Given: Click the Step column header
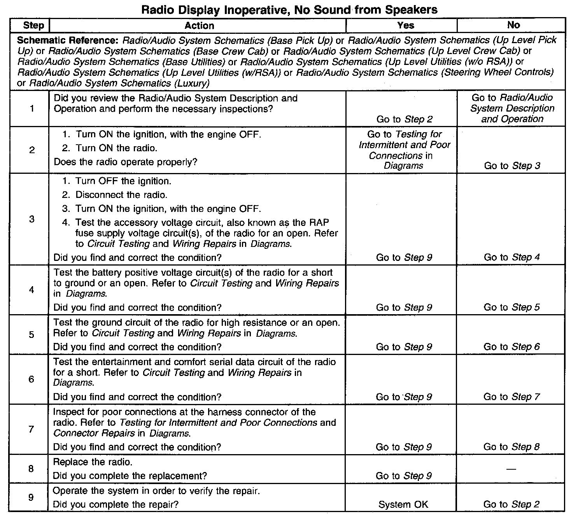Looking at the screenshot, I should [x=33, y=26].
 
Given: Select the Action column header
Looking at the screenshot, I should [x=199, y=26].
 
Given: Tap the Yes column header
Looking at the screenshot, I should [x=405, y=25].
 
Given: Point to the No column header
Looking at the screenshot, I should [x=513, y=25].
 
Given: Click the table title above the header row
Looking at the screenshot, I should [x=289, y=10].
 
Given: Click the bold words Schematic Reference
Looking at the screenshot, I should [x=68, y=40].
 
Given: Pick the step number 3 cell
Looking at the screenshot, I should [x=32, y=219].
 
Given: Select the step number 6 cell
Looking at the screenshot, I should [x=32, y=379].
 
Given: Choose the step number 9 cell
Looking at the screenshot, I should [x=32, y=497].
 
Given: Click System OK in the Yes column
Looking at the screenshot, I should [x=403, y=505].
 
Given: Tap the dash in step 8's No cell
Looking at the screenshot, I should [x=511, y=469].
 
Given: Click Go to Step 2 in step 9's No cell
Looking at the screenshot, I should [x=511, y=505].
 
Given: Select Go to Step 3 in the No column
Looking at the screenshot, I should [x=512, y=166].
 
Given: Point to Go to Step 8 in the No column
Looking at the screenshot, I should [x=511, y=447].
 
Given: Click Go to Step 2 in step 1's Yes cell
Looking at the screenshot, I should [x=404, y=119].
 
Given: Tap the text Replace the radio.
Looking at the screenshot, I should [x=93, y=462].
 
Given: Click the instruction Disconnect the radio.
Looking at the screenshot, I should [x=121, y=195].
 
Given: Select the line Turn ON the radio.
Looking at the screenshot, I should [x=116, y=148].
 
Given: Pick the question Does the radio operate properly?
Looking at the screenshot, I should [x=125, y=162].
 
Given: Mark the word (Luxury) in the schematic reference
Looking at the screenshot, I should [x=191, y=83].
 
